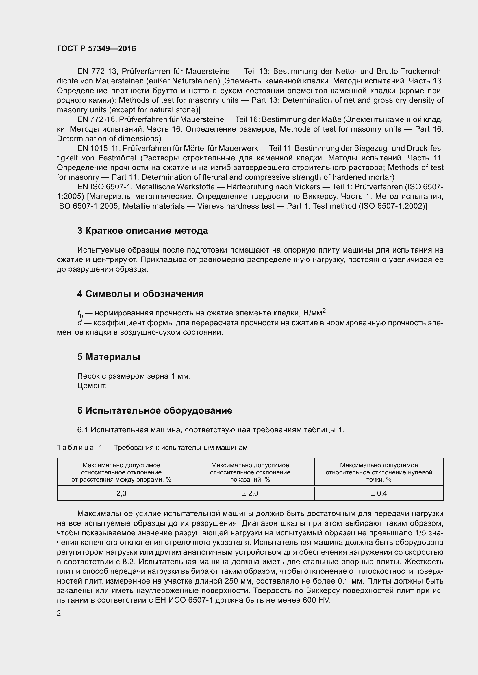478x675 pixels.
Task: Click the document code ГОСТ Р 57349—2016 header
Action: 96,48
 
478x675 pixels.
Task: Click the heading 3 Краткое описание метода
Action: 142,231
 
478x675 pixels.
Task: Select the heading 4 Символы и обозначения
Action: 140,294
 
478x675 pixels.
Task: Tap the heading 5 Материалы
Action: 109,357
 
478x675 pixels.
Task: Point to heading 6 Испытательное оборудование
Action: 155,410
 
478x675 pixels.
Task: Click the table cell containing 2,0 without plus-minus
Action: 121,493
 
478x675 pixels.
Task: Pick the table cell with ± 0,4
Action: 379,493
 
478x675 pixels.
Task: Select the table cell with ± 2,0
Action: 250,493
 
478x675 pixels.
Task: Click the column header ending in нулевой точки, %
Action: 379,472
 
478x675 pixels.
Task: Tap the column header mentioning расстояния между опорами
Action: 121,472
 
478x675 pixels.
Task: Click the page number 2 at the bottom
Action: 59,613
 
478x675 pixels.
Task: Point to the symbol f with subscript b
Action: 80,314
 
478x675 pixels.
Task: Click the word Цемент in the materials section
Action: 92,386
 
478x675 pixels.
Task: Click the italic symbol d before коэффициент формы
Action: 79,323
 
